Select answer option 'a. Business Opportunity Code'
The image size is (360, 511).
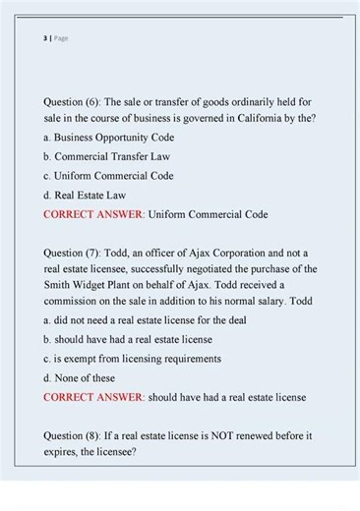[108, 138]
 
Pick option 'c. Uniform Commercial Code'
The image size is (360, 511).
[108, 176]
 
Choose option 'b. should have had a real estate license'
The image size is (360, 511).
[128, 339]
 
